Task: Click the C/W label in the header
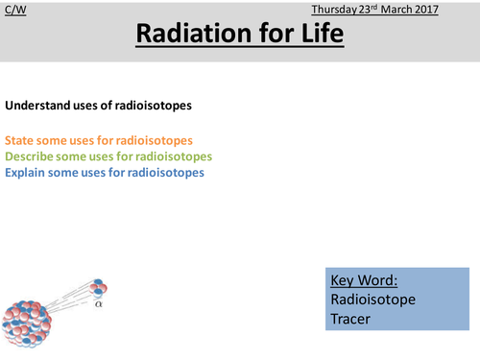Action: (13, 9)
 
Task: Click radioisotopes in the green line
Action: (179, 156)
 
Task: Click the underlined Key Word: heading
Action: (363, 281)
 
